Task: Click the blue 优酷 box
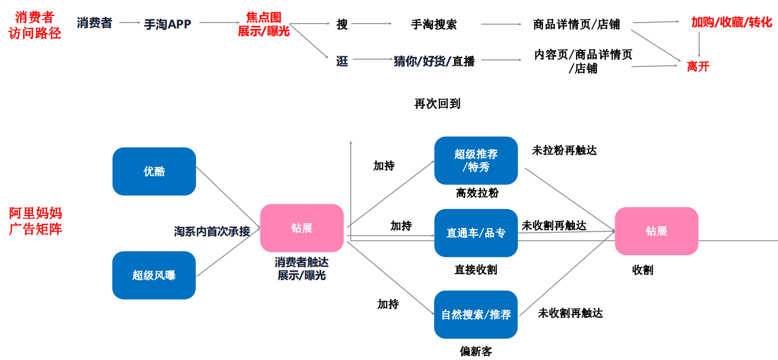click(154, 171)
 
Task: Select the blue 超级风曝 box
click(154, 275)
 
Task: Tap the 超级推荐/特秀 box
click(475, 160)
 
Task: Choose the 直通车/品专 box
click(475, 233)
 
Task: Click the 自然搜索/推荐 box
click(475, 314)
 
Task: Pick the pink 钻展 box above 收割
click(656, 231)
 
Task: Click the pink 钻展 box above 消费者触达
click(301, 228)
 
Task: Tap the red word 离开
click(697, 66)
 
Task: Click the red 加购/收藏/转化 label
click(731, 22)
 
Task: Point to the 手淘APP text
click(168, 24)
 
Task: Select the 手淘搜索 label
click(434, 24)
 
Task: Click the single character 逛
click(342, 61)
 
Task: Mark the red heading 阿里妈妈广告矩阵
click(36, 221)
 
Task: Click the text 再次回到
click(437, 104)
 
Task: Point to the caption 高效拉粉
click(477, 193)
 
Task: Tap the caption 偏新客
click(475, 351)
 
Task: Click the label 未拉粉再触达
click(564, 150)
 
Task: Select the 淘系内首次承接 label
click(212, 231)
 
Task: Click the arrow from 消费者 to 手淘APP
click(129, 23)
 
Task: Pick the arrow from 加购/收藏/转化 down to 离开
click(700, 44)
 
